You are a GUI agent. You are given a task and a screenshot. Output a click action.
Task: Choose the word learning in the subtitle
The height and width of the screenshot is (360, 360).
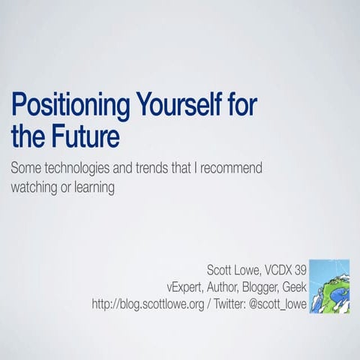(93, 187)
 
